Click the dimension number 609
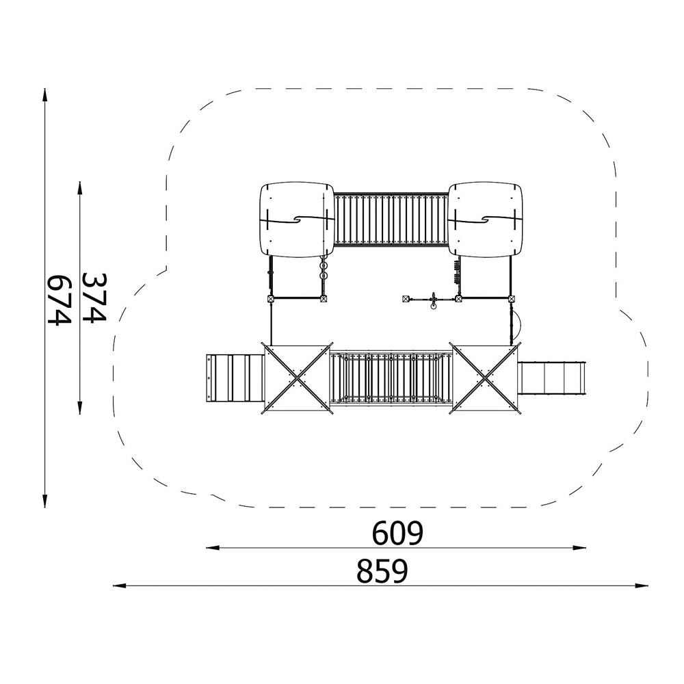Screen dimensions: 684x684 pyautogui.click(x=397, y=533)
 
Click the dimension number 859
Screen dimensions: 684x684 pyautogui.click(x=382, y=571)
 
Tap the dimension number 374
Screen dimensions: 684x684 pyautogui.click(x=94, y=298)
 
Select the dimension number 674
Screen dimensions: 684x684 pyautogui.click(x=59, y=300)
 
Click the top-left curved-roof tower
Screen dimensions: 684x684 pyautogui.click(x=297, y=220)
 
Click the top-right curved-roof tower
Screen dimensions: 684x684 pyautogui.click(x=485, y=220)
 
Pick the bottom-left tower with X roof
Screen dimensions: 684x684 pyautogui.click(x=297, y=379)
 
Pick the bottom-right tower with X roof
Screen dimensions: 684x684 pyautogui.click(x=485, y=379)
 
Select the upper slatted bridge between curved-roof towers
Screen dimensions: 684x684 pyautogui.click(x=391, y=220)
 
